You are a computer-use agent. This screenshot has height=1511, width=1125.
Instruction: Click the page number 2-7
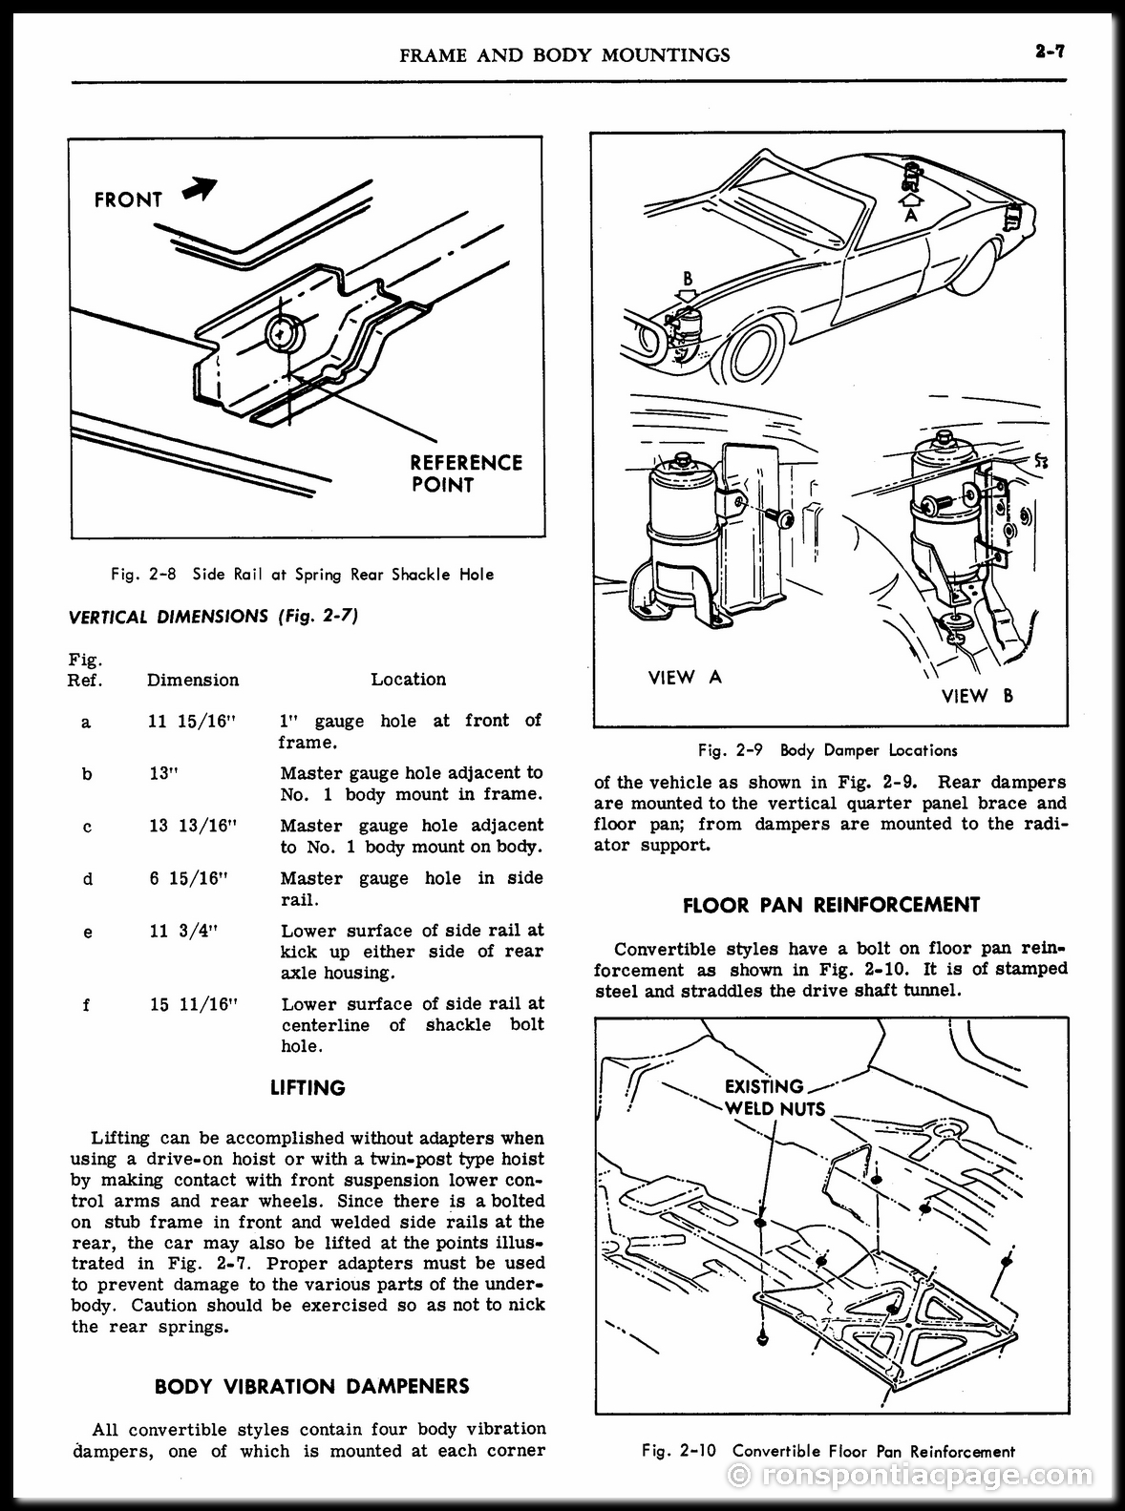tap(1049, 52)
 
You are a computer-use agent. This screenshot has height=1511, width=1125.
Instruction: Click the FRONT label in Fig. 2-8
tap(128, 200)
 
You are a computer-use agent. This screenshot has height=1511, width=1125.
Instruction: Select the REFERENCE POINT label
tap(466, 473)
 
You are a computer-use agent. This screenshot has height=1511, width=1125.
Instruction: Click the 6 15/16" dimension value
tap(188, 879)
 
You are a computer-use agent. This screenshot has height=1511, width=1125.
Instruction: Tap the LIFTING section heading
tap(308, 1087)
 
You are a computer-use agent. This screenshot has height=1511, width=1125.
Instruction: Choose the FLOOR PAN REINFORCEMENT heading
tap(831, 905)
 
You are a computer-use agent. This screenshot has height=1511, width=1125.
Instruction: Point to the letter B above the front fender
tap(688, 278)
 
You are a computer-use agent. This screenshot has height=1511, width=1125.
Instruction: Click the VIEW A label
tap(685, 677)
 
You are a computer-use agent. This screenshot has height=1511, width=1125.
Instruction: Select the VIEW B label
tap(977, 696)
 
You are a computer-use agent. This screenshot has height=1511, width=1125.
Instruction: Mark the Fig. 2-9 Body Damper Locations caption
tap(828, 751)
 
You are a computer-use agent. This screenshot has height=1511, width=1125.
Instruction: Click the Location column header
tap(409, 680)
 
